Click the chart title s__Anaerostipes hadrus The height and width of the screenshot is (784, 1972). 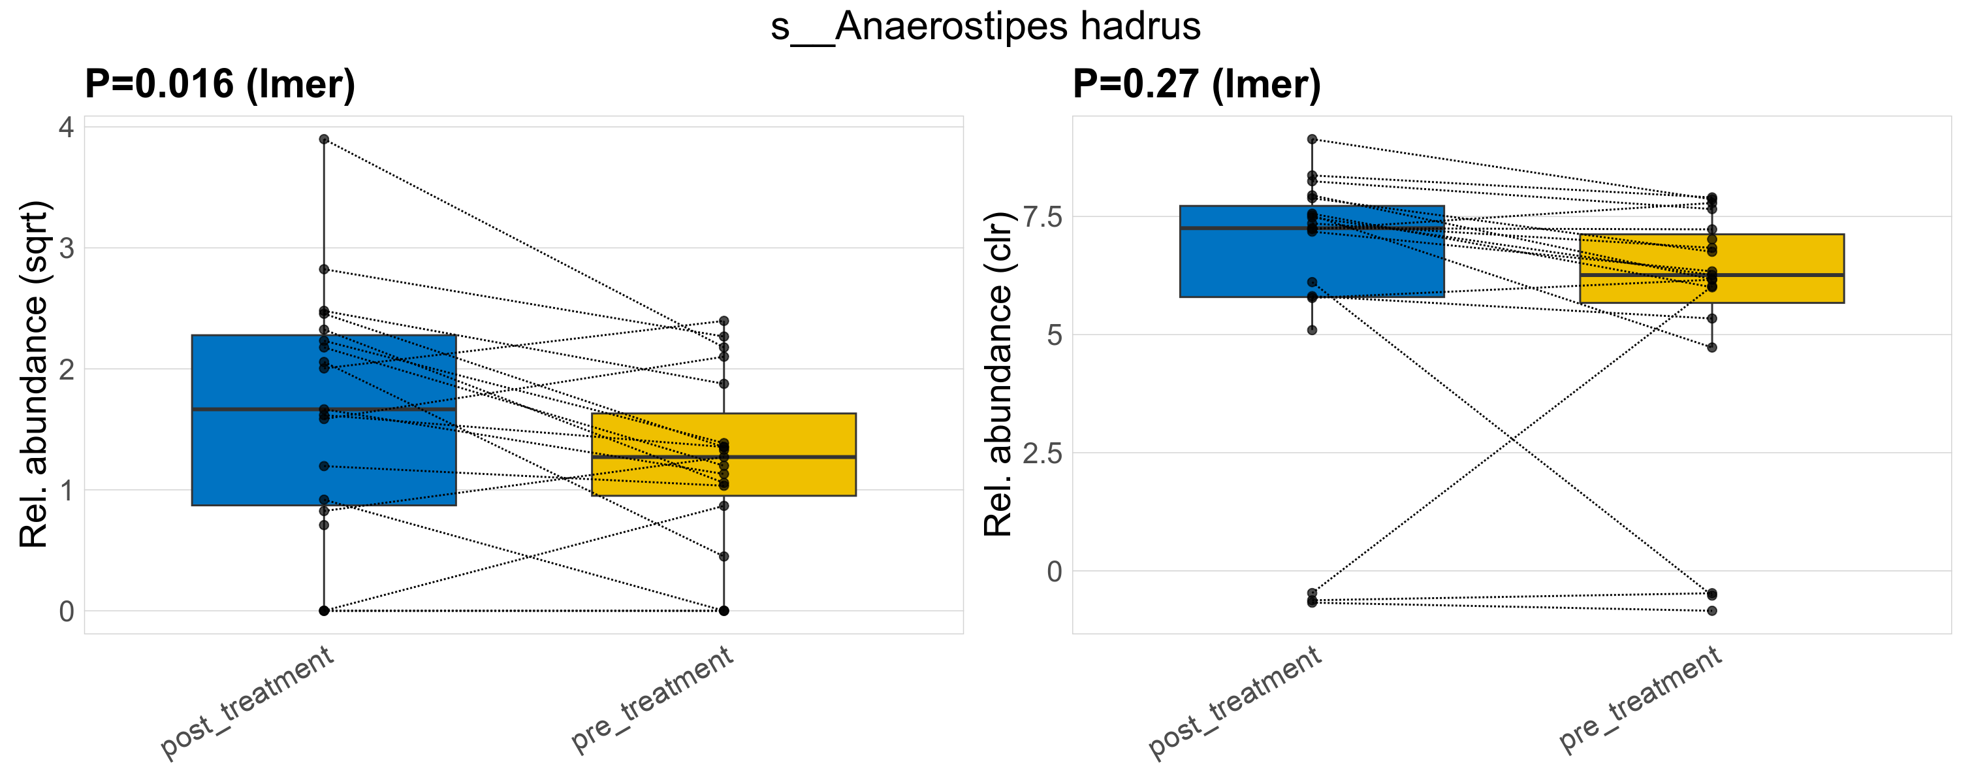coord(985,27)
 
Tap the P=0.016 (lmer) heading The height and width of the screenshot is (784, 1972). coord(219,84)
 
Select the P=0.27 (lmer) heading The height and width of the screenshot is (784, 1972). coord(1196,84)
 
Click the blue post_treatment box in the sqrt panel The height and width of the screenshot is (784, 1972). coord(253,459)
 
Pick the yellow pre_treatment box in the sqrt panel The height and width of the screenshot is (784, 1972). coord(796,475)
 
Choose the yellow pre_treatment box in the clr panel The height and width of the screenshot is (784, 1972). coord(1784,291)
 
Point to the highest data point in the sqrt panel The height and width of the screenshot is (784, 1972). coord(324,139)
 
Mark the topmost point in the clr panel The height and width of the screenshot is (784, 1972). coord(1312,139)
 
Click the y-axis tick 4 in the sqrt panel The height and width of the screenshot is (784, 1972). coord(67,127)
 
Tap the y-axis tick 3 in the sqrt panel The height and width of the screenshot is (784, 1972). coord(67,248)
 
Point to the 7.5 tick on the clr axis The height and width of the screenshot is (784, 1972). coord(1043,217)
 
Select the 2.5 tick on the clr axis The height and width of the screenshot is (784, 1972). coord(1043,453)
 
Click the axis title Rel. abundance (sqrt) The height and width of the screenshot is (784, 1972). coord(35,374)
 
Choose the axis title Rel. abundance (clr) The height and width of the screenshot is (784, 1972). coord(998,374)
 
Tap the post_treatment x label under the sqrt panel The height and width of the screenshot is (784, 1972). coord(247,703)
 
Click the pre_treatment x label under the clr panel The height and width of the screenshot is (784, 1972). coord(1640,699)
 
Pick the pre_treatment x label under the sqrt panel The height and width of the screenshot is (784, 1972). coord(652,699)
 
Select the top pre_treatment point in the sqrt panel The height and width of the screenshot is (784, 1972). coord(724,321)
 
